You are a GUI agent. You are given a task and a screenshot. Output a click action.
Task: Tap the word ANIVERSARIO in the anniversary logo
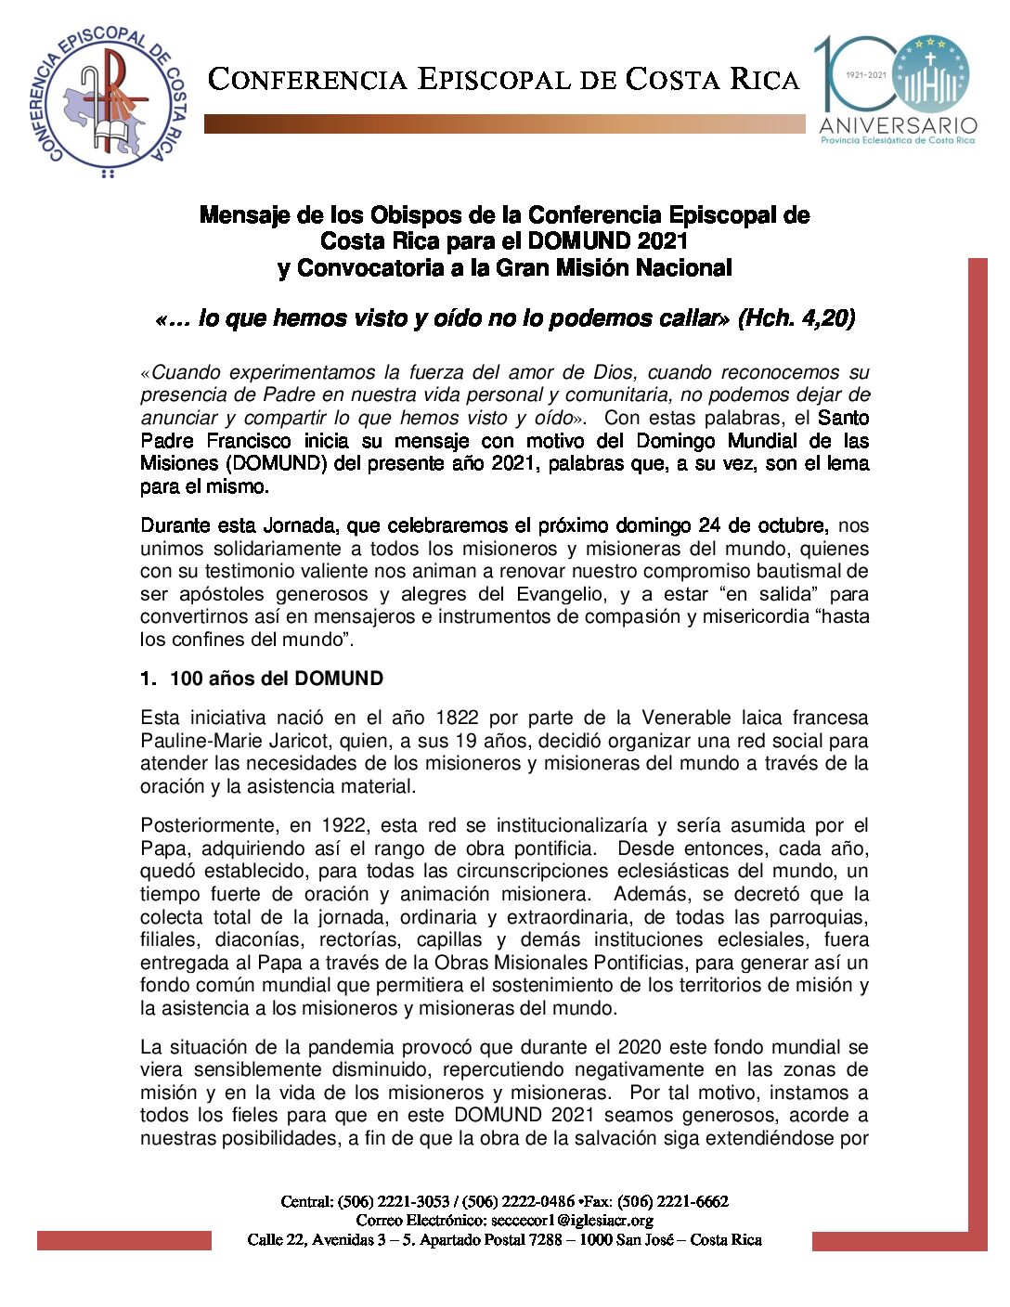pos(898,125)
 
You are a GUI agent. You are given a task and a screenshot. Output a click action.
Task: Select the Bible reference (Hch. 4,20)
pos(796,318)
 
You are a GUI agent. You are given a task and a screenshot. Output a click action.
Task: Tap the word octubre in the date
pos(793,525)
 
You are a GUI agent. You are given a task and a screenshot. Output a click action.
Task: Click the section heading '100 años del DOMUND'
pos(276,679)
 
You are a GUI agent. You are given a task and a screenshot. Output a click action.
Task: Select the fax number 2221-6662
pos(695,1201)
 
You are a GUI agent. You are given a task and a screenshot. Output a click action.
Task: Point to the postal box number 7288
pos(549,1239)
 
